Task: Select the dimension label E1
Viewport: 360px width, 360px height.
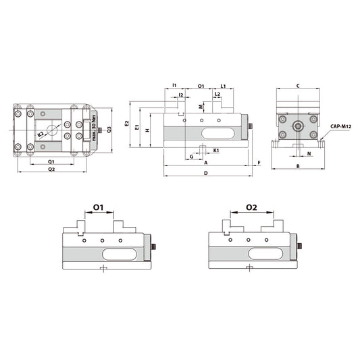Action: [x=137, y=127]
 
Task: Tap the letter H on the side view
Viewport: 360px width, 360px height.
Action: [x=147, y=130]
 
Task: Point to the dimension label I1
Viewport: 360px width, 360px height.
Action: [x=174, y=86]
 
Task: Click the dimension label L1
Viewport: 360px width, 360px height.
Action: [x=223, y=86]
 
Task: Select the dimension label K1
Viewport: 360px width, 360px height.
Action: [x=215, y=149]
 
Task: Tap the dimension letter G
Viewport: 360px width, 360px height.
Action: [x=192, y=157]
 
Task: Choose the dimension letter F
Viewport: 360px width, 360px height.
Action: [x=259, y=163]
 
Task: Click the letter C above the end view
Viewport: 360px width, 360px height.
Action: [x=298, y=86]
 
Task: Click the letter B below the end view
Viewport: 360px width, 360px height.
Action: [x=298, y=166]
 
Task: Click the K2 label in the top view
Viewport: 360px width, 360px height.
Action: [x=41, y=135]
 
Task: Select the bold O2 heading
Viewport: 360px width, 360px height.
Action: [x=251, y=207]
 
